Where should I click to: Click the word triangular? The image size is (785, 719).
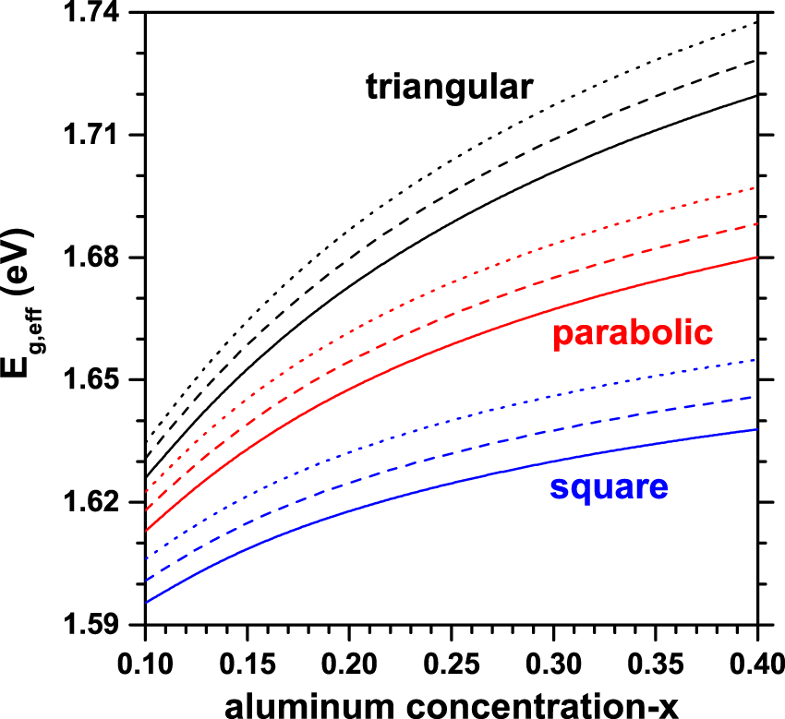[x=450, y=88]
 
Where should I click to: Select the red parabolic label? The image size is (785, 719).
[x=634, y=334]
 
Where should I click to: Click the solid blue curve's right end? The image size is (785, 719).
[x=756, y=429]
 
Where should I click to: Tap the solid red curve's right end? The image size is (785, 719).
[x=756, y=257]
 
